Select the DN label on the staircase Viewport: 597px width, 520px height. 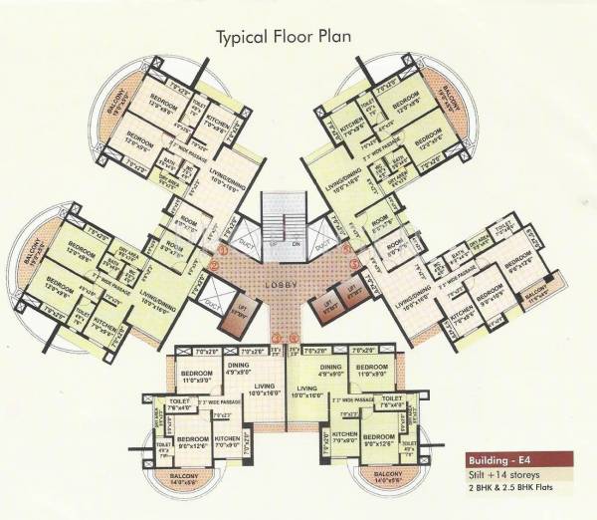(x=297, y=242)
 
